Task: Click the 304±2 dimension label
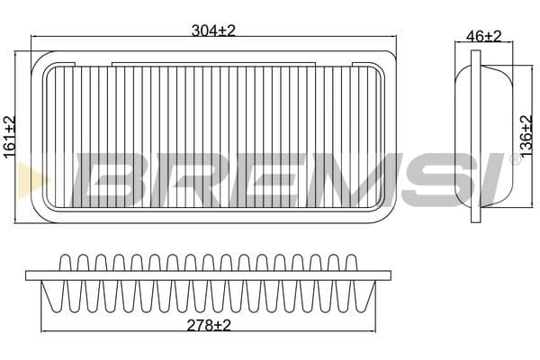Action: coord(213,31)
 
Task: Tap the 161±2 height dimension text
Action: coord(10,137)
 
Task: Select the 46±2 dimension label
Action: coord(484,36)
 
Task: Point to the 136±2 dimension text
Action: coord(526,137)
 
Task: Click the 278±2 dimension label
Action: coord(209,325)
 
